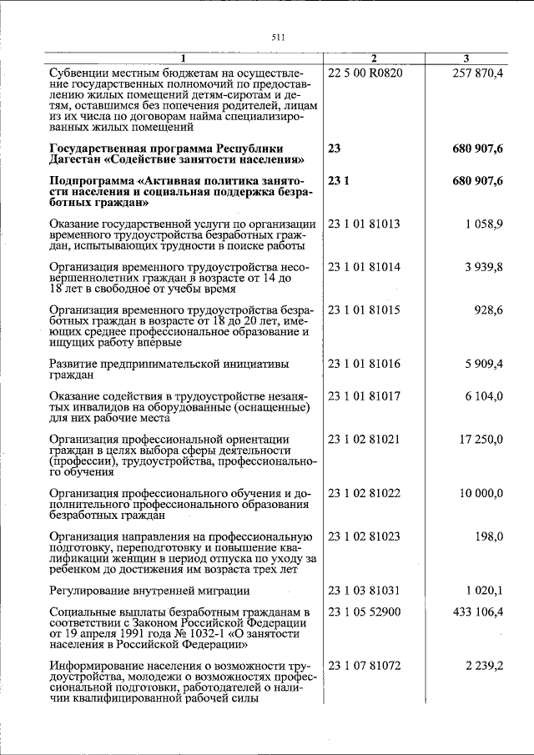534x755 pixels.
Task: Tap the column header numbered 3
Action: click(466, 58)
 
